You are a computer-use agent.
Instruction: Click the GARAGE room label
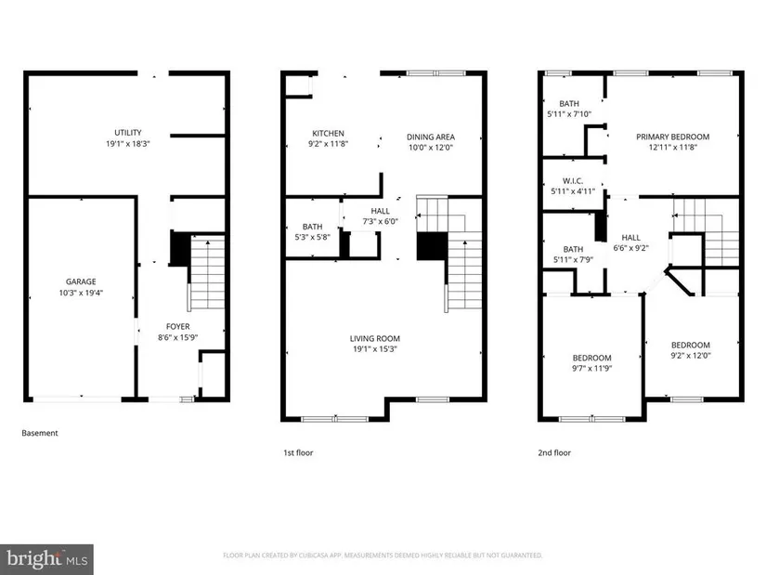[x=81, y=281]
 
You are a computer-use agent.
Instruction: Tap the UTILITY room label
[x=128, y=133]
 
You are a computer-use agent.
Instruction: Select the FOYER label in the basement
[x=178, y=327]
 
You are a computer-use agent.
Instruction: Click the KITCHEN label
[x=329, y=134]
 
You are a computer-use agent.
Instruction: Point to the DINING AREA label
[x=431, y=137]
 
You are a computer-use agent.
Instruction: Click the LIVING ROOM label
[x=375, y=338]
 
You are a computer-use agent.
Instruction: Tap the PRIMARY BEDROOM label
[x=673, y=137]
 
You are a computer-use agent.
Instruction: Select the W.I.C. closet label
[x=573, y=181]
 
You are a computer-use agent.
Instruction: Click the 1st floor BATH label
[x=312, y=227]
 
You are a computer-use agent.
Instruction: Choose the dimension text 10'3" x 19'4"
[x=81, y=293]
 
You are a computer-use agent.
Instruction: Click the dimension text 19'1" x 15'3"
[x=375, y=349]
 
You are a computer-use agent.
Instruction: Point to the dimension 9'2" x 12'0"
[x=691, y=356]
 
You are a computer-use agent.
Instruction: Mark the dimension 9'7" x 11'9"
[x=592, y=368]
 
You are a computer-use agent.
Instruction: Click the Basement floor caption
[x=40, y=433]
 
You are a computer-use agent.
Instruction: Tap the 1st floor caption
[x=298, y=452]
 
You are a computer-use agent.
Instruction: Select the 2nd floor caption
[x=554, y=452]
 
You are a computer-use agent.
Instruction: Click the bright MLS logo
[x=47, y=559]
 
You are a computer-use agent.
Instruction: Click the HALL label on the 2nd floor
[x=630, y=238]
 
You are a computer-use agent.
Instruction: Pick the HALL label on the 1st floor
[x=380, y=211]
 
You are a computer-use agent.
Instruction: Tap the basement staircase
[x=207, y=272]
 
